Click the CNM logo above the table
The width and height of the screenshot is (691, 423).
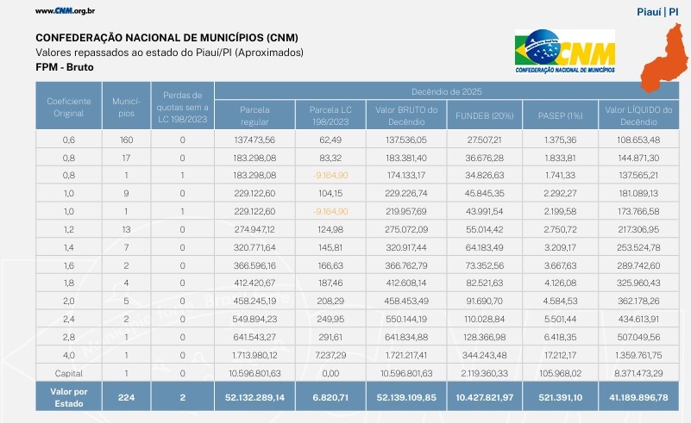(565, 53)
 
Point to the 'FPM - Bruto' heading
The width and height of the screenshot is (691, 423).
(65, 66)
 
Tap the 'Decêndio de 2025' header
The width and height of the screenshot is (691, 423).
(447, 90)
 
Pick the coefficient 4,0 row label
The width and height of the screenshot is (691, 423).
(68, 354)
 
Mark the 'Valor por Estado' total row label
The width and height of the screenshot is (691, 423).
(68, 397)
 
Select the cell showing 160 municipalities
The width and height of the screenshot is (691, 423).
(126, 139)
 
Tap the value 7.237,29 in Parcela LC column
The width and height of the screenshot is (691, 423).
(330, 354)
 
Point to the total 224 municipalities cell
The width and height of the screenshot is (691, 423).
(126, 397)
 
